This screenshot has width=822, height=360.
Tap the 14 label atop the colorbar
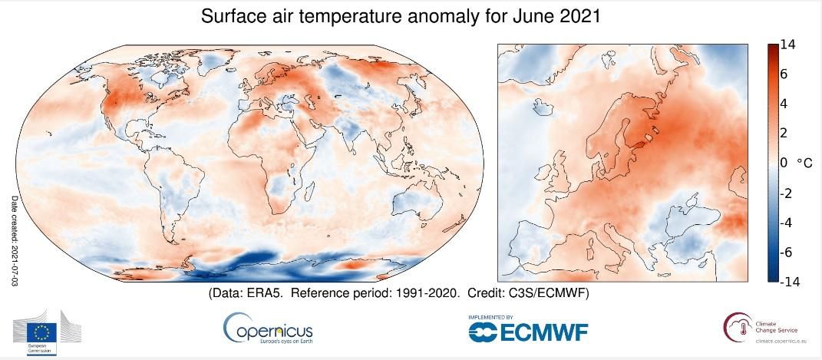[787, 45]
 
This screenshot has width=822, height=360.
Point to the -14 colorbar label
[791, 282]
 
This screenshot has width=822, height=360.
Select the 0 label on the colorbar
[784, 163]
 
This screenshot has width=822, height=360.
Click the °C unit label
[804, 163]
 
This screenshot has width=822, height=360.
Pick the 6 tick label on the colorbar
[784, 74]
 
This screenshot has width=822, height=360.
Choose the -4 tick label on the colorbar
[787, 223]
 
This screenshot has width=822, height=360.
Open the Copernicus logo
[268, 329]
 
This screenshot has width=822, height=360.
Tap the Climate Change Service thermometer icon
[735, 328]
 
